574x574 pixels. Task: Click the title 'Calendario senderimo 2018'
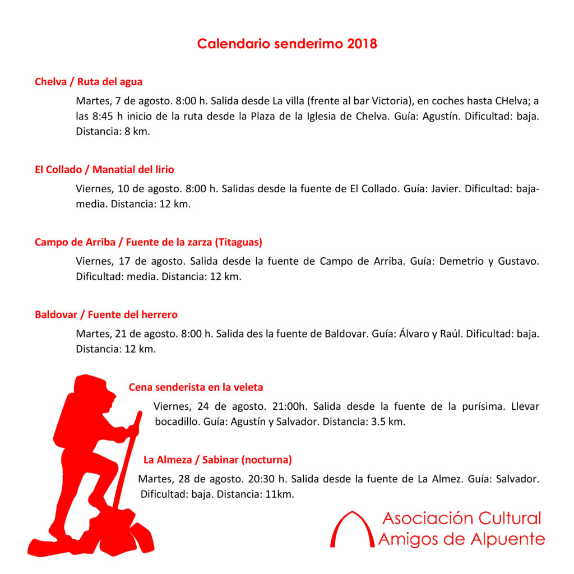click(x=287, y=44)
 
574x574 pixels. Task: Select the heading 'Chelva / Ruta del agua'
click(x=89, y=82)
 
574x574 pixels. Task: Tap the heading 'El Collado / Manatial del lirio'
click(x=104, y=169)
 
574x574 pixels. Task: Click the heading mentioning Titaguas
click(x=149, y=242)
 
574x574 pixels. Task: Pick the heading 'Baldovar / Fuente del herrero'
click(x=106, y=314)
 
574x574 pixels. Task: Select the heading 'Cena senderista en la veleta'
click(x=196, y=387)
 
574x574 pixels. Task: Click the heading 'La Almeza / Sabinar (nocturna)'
click(x=217, y=460)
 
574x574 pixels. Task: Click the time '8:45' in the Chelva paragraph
click(x=103, y=117)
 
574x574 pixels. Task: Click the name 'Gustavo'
click(x=519, y=261)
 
